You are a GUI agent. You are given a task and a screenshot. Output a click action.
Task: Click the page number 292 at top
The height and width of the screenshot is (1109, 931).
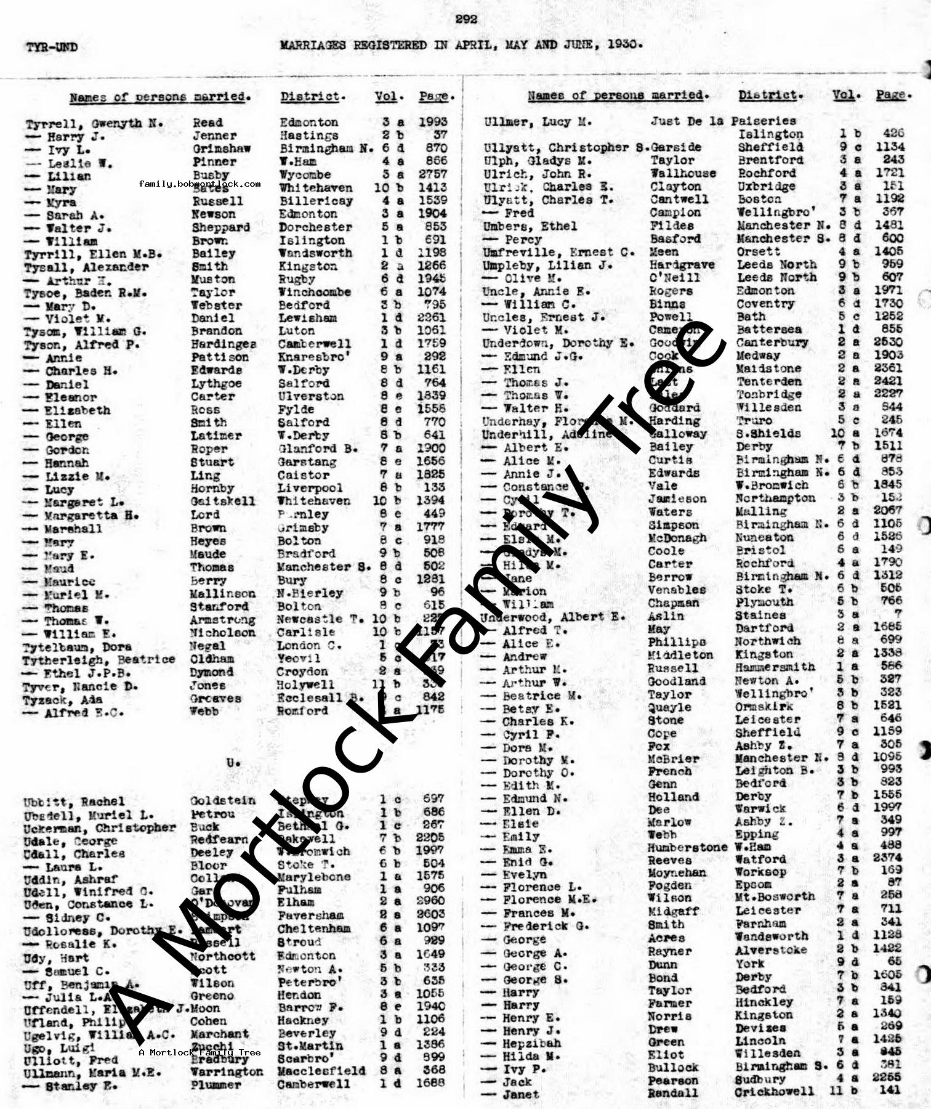pos(466,19)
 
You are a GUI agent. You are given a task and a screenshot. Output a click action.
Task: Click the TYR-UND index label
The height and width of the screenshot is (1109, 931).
pos(52,47)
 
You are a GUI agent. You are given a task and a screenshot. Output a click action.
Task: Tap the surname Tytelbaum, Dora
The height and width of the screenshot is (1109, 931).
pos(77,647)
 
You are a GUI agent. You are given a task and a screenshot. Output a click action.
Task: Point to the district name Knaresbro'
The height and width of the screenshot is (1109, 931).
pos(305,357)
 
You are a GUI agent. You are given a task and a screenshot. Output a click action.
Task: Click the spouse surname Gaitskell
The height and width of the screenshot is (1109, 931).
pos(222,501)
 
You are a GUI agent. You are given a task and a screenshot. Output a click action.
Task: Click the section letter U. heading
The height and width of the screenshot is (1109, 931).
pos(233,763)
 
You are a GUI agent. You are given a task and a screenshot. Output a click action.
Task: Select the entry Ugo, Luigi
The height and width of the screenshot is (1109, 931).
pos(59,1047)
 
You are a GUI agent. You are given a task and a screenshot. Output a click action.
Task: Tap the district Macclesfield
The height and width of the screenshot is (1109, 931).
pos(321,1071)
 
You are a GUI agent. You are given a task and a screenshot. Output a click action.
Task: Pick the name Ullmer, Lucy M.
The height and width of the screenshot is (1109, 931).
pos(538,122)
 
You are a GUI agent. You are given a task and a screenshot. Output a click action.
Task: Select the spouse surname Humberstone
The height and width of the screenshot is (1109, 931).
pos(687,847)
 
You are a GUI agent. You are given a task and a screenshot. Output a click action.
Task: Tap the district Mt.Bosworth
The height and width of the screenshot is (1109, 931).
pos(774,897)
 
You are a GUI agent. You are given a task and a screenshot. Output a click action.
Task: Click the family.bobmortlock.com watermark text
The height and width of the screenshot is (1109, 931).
pos(199,184)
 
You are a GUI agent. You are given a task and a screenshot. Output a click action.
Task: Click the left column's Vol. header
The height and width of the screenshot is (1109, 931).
pos(389,97)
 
